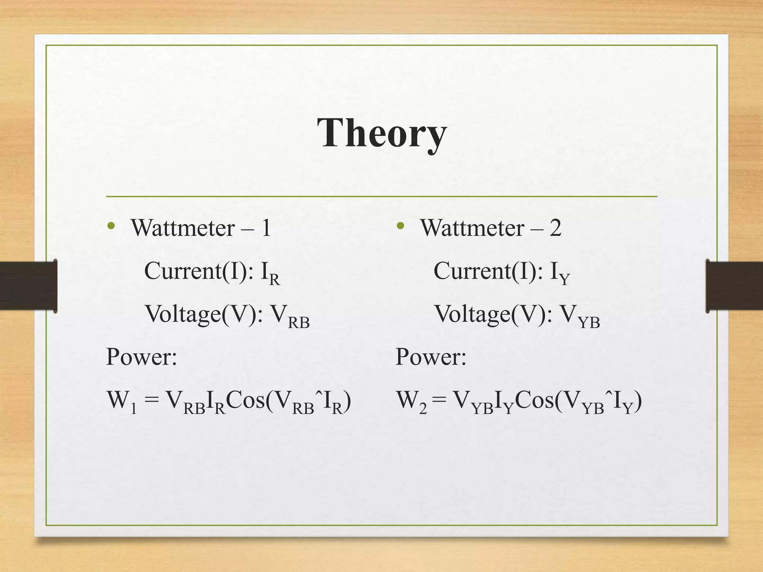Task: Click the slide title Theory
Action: [382, 133]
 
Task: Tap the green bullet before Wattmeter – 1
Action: [111, 226]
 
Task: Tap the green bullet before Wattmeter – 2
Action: [401, 226]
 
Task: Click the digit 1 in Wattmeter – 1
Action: [266, 228]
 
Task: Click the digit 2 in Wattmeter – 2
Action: [555, 228]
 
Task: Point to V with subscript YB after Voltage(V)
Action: [580, 316]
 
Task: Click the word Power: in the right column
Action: [431, 357]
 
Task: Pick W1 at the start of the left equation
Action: [121, 401]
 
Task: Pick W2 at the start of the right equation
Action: [411, 401]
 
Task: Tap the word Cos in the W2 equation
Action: [534, 400]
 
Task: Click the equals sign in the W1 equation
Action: [151, 401]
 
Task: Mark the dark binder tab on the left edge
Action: [28, 286]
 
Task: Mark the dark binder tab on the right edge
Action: [734, 286]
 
